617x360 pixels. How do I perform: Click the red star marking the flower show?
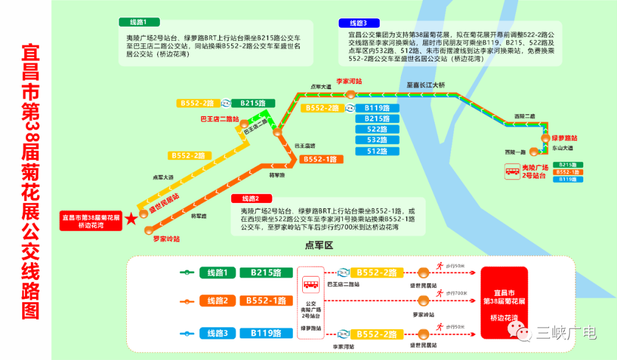(x=131, y=218)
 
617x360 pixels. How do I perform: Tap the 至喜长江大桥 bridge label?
(x=426, y=85)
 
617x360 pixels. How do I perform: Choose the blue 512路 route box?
(x=377, y=151)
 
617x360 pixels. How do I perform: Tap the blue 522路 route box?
(x=377, y=130)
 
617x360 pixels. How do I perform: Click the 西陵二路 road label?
(x=524, y=116)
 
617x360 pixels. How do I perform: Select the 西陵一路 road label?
(x=514, y=152)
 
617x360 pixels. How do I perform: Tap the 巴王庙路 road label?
(x=305, y=146)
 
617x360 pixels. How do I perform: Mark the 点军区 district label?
(x=319, y=246)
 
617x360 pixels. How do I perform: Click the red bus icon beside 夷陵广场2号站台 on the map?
(x=511, y=171)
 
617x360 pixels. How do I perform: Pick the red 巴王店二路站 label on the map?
(x=219, y=119)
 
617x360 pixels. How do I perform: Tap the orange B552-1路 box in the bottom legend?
(x=266, y=301)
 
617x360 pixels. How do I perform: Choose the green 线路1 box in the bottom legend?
(x=218, y=273)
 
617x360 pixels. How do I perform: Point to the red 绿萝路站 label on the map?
(x=564, y=138)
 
